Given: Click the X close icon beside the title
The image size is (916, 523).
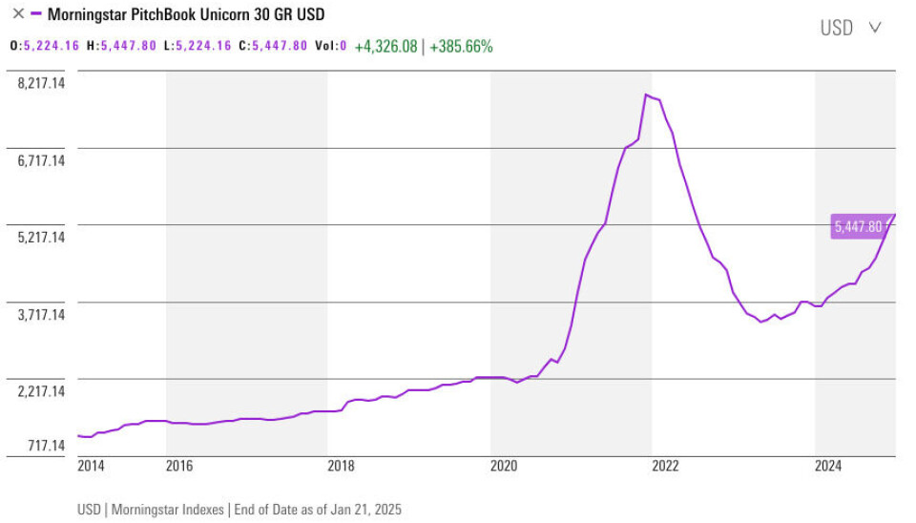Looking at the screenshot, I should pyautogui.click(x=18, y=13).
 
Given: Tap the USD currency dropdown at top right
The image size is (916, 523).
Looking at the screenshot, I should pyautogui.click(x=849, y=28).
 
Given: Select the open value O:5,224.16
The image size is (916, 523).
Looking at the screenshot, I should pyautogui.click(x=44, y=46).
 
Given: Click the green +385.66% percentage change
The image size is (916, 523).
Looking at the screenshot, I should pyautogui.click(x=461, y=46).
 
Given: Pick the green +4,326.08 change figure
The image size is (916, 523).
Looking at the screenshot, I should pyautogui.click(x=385, y=46).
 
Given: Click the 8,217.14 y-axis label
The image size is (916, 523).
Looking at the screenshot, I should pyautogui.click(x=41, y=84).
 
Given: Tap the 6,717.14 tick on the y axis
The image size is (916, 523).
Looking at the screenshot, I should pyautogui.click(x=41, y=160).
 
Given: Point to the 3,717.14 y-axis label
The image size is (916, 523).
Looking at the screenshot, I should pyautogui.click(x=41, y=314).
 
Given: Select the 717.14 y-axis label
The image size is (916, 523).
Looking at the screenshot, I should pyautogui.click(x=46, y=446).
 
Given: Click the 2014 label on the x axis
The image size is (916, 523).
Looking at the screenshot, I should pyautogui.click(x=92, y=466).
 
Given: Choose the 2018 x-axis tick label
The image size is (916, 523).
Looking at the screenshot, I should pyautogui.click(x=341, y=466).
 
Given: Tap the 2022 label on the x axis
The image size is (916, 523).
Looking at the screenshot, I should pyautogui.click(x=665, y=466).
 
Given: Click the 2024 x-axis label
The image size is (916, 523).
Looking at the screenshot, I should pyautogui.click(x=827, y=466).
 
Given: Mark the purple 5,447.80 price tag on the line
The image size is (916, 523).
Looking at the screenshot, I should pyautogui.click(x=861, y=227).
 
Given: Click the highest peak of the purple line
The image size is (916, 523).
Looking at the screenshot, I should pyautogui.click(x=646, y=94).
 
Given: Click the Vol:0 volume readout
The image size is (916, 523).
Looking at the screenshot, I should pyautogui.click(x=330, y=46).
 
